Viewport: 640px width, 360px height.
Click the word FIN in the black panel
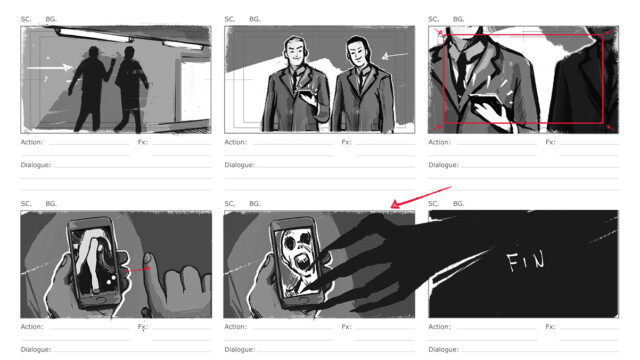(x=526, y=261)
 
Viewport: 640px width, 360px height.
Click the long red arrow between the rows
(x=420, y=197)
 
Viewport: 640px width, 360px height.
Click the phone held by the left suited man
(x=307, y=96)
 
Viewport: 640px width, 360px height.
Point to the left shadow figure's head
(x=94, y=53)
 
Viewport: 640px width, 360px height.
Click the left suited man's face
(x=295, y=52)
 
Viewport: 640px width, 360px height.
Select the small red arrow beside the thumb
(x=137, y=270)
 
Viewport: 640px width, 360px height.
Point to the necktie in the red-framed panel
(x=462, y=73)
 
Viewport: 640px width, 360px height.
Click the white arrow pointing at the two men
(x=395, y=56)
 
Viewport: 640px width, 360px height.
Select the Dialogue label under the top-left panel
(x=36, y=165)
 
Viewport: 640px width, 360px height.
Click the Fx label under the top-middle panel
(x=347, y=142)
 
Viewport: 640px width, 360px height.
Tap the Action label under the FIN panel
(x=440, y=327)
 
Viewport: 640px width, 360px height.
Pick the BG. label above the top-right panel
(x=459, y=19)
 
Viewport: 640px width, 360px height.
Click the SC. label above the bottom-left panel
(x=26, y=203)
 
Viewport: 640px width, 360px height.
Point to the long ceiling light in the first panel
(x=95, y=36)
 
